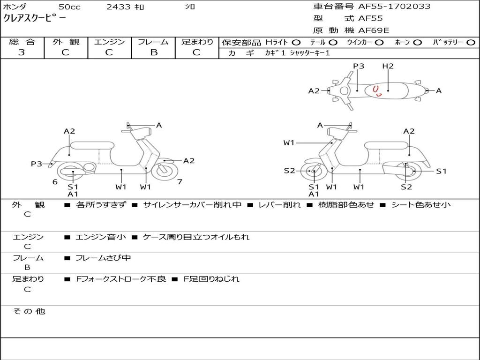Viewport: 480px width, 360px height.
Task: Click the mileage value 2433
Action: click(119, 7)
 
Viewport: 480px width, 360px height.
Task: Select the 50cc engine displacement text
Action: click(69, 7)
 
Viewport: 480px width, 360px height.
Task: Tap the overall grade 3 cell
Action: click(22, 52)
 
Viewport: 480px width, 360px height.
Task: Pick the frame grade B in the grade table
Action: click(154, 52)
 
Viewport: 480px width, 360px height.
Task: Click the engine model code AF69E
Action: click(374, 31)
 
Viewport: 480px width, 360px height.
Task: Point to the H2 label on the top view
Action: click(388, 66)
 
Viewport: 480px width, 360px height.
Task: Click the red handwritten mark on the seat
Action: click(377, 90)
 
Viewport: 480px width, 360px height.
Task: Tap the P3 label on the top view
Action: click(359, 66)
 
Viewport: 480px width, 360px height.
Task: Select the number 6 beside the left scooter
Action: click(55, 182)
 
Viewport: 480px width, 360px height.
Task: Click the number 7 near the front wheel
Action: click(180, 182)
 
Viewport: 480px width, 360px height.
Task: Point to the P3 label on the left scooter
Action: click(37, 164)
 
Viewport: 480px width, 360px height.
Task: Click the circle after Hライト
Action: click(296, 42)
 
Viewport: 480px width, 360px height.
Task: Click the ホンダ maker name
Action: click(15, 7)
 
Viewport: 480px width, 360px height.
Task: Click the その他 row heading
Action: click(29, 311)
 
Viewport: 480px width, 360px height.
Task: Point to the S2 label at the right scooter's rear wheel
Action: click(406, 187)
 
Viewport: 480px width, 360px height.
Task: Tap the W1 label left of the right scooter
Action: click(289, 142)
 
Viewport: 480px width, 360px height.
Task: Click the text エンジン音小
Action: click(101, 237)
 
